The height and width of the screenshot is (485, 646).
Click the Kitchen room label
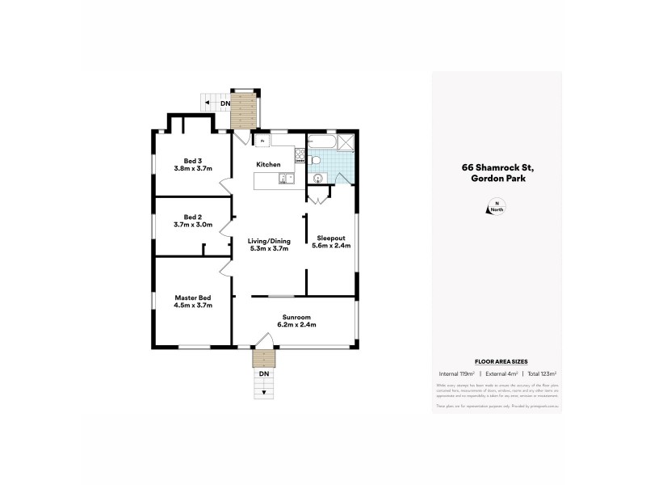[x=268, y=164]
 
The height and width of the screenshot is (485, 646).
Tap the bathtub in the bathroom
[x=321, y=143]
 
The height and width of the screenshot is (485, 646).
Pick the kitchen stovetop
[x=300, y=158]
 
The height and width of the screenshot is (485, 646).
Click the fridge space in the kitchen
[x=262, y=141]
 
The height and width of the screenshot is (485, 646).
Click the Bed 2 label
[x=191, y=217]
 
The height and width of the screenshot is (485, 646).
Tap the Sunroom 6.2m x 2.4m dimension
[x=298, y=324]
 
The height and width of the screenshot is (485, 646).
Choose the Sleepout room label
[x=331, y=239]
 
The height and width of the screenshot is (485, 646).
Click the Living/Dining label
[x=266, y=240]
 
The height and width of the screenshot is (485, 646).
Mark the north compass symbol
[x=496, y=208]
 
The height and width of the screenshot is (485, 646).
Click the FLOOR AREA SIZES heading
[x=496, y=362]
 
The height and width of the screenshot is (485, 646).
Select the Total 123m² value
[x=542, y=374]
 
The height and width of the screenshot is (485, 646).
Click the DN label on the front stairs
[x=263, y=373]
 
